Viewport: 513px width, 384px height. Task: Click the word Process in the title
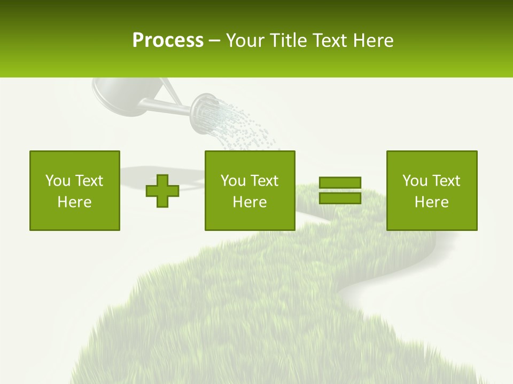pos(168,40)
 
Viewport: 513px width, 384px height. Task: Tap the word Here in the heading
pos(374,41)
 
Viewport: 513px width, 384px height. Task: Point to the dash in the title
pos(214,41)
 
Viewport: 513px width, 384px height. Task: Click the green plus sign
pos(162,191)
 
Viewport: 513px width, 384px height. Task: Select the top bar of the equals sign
pos(340,182)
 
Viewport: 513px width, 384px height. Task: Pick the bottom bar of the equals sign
pos(340,198)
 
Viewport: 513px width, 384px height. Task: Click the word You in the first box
pos(57,181)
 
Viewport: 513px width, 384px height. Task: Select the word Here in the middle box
pos(250,202)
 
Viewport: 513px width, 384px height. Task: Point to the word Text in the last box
pos(446,181)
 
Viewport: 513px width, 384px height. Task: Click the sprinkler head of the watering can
pos(204,113)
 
